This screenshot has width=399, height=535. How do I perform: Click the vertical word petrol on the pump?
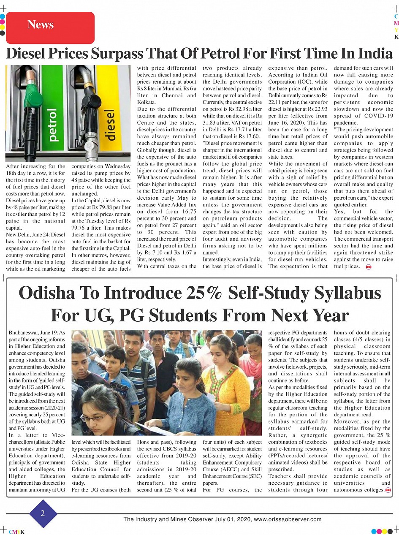pyautogui.click(x=53, y=125)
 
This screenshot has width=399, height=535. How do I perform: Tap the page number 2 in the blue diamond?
pyautogui.click(x=43, y=513)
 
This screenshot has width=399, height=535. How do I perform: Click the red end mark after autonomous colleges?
pyautogui.click(x=388, y=490)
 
